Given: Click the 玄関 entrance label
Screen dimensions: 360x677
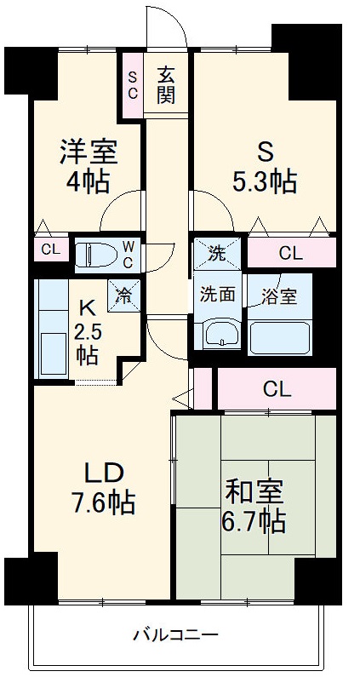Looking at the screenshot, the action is [x=166, y=85].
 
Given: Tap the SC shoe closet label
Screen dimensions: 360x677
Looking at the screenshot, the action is [x=133, y=85].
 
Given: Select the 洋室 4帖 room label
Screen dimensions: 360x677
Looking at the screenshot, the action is [x=89, y=166].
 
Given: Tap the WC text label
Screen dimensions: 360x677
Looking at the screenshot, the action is [x=129, y=255].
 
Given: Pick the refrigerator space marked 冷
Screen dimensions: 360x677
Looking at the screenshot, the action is [x=124, y=296].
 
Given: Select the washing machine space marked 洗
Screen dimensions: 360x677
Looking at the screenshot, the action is [x=217, y=254].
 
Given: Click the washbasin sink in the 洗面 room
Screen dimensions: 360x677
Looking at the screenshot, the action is [x=221, y=333].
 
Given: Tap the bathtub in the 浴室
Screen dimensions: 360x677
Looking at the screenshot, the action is [x=279, y=337].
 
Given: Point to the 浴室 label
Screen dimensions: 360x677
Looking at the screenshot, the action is [x=279, y=297].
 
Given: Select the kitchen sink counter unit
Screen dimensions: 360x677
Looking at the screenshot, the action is [x=51, y=330].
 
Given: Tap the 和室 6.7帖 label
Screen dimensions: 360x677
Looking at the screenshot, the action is [x=254, y=508].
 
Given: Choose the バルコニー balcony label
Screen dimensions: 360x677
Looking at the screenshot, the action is [x=175, y=635].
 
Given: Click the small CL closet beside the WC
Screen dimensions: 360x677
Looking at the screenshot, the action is [x=51, y=250].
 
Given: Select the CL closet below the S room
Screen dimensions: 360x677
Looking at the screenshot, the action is [x=291, y=253].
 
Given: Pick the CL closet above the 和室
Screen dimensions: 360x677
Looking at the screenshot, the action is [x=277, y=389].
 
